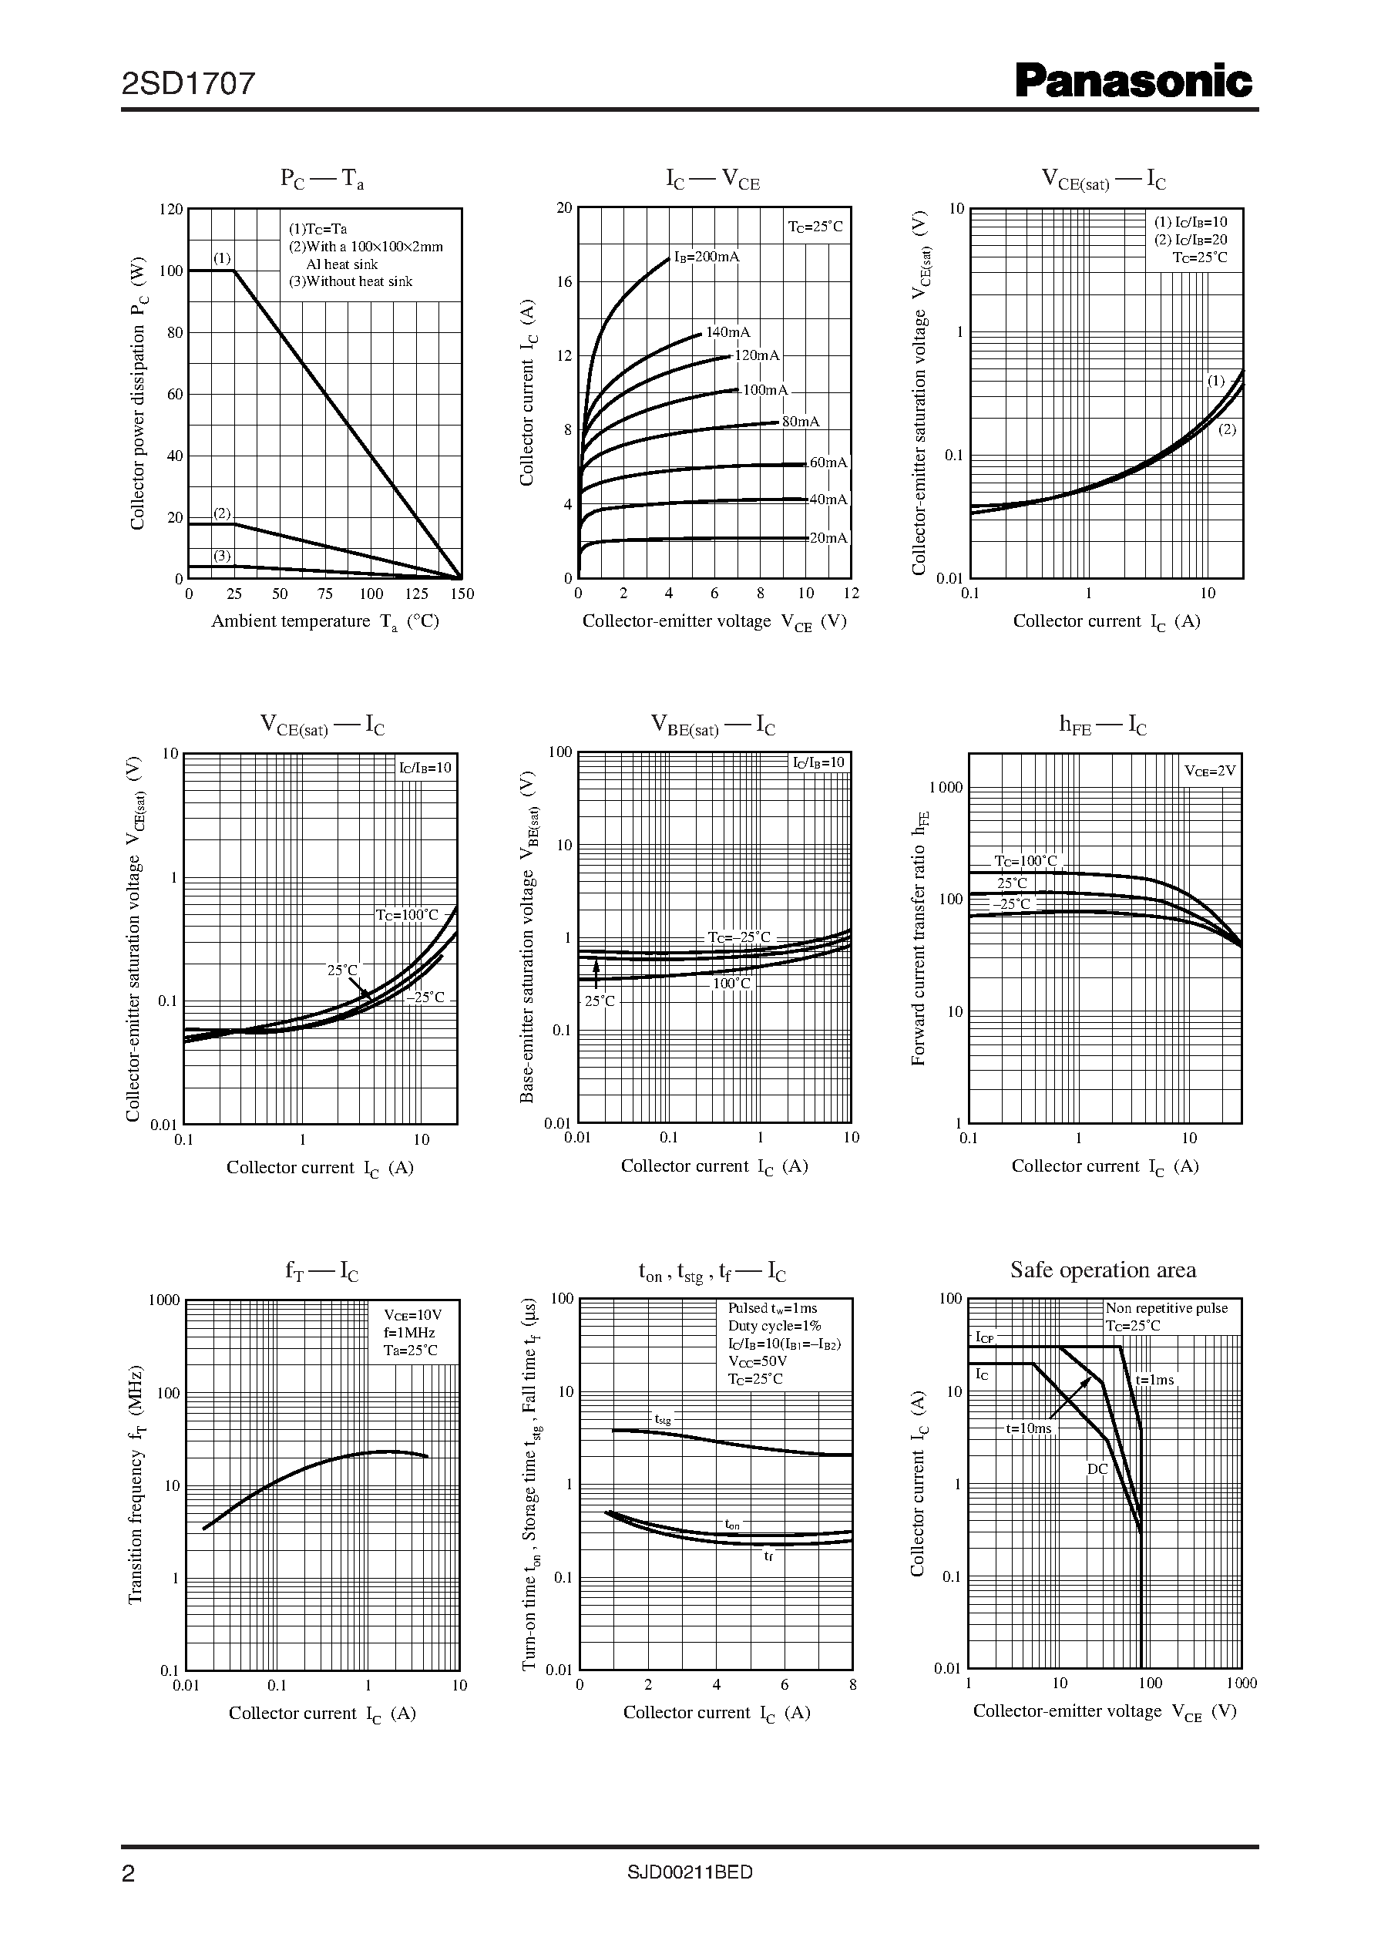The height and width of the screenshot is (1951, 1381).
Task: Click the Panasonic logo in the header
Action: pyautogui.click(x=1134, y=83)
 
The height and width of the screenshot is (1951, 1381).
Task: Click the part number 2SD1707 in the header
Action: pyautogui.click(x=188, y=83)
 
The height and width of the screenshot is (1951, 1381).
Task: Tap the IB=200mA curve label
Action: pyautogui.click(x=707, y=257)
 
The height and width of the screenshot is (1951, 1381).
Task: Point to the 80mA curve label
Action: pyautogui.click(x=800, y=422)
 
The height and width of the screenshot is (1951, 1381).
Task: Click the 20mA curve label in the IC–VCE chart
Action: pyautogui.click(x=828, y=538)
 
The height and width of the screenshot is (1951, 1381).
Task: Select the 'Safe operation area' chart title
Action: pyautogui.click(x=1103, y=1270)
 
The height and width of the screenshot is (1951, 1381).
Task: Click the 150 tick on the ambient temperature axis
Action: pyautogui.click(x=462, y=594)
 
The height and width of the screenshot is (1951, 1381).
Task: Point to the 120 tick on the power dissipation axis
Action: pyautogui.click(x=171, y=209)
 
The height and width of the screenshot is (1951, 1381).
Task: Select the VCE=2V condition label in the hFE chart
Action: pyautogui.click(x=1210, y=771)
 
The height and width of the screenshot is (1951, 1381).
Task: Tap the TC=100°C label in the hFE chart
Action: pyautogui.click(x=1027, y=861)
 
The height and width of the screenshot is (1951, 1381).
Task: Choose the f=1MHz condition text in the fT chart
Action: pyautogui.click(x=409, y=1333)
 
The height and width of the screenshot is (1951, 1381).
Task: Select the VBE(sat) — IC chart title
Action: pyautogui.click(x=713, y=725)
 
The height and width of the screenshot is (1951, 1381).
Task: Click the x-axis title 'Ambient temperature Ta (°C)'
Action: pyautogui.click(x=325, y=622)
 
